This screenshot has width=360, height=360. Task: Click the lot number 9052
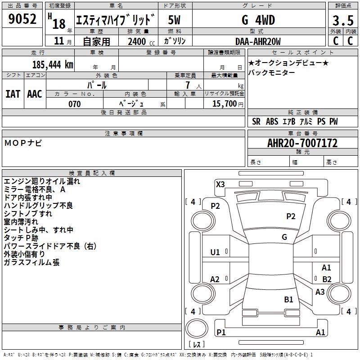tap(22, 20)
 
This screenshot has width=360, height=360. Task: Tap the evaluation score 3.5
tap(342, 21)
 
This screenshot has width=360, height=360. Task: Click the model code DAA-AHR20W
tap(258, 41)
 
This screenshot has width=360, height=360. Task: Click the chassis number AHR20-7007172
tap(302, 144)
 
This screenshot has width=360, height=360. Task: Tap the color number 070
tap(74, 104)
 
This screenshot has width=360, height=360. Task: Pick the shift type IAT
tap(13, 94)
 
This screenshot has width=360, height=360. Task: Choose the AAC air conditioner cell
tap(35, 94)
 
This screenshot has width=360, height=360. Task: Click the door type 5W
tap(174, 20)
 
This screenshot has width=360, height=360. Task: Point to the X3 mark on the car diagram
tap(220, 184)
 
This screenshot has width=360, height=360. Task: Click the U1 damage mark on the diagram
tap(215, 252)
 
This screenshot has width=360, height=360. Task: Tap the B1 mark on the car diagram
tap(288, 299)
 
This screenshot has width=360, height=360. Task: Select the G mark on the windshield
tap(284, 237)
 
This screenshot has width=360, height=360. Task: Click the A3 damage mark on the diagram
tap(320, 292)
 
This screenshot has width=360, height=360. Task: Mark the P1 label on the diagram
tap(221, 332)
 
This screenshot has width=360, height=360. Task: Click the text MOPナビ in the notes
tap(23, 143)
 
